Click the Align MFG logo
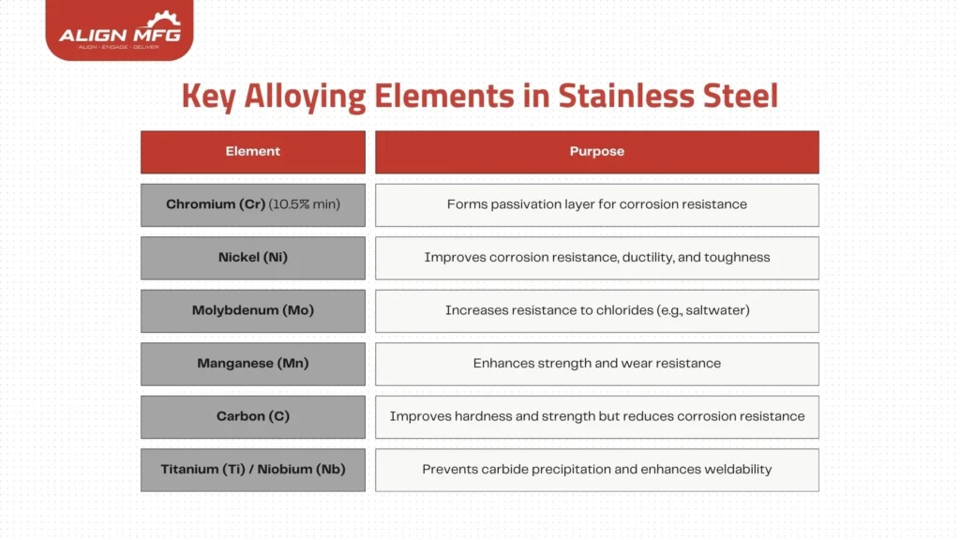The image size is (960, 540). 119,30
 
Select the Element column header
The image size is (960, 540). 253,152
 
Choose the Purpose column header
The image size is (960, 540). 597,152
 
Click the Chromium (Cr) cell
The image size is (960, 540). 253,204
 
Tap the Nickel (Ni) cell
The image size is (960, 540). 253,258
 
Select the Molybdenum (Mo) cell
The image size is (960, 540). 253,310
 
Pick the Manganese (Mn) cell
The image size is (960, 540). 253,364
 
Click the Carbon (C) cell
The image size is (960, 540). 253,416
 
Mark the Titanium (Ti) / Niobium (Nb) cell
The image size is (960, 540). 253,469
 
